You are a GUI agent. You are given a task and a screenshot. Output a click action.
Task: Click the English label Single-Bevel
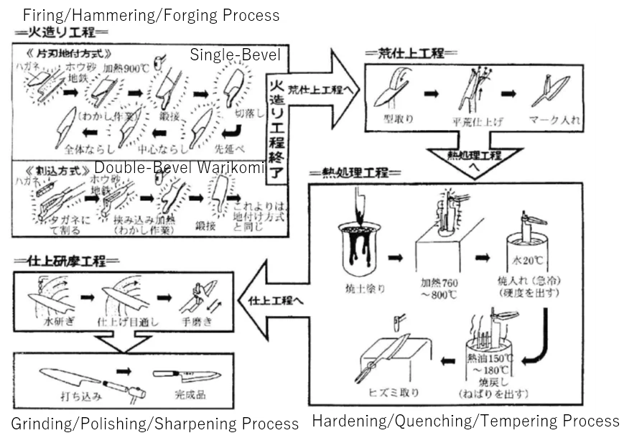click(235, 55)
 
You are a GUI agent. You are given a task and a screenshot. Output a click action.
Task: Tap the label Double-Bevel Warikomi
click(180, 168)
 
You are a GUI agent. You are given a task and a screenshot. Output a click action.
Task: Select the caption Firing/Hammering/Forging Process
click(152, 14)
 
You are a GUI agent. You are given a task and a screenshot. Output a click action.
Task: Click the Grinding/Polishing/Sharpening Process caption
click(154, 424)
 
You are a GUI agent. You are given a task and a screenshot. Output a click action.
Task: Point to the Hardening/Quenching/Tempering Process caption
click(465, 421)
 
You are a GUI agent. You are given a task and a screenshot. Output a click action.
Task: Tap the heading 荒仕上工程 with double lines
click(405, 53)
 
